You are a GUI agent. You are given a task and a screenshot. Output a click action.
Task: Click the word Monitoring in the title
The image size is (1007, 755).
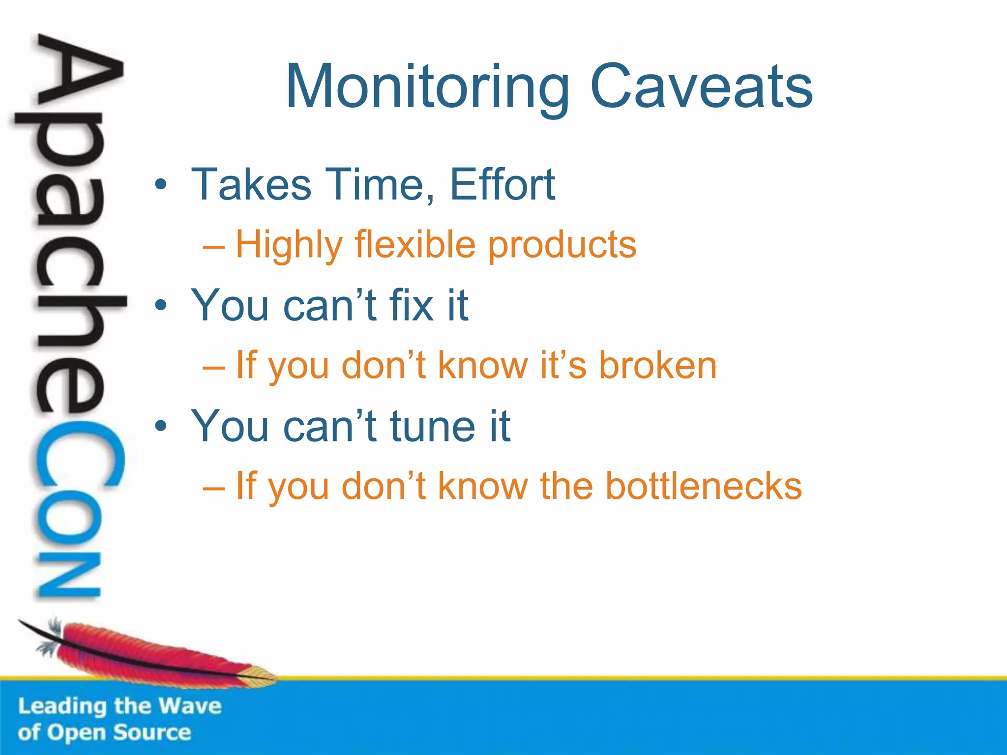[x=427, y=87]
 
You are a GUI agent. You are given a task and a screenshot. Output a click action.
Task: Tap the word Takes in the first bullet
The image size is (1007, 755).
[x=251, y=184]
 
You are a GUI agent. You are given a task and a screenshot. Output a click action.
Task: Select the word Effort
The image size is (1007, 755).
[x=502, y=184]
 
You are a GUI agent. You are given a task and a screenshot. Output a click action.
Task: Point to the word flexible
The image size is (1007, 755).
[x=415, y=244]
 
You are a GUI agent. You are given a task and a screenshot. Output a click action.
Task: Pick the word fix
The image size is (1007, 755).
[x=412, y=305]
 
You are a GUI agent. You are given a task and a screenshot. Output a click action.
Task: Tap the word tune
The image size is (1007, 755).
[x=433, y=426]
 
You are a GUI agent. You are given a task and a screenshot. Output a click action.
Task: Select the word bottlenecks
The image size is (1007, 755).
[x=703, y=486]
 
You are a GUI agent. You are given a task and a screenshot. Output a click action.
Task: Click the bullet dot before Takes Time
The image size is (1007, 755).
[x=161, y=185]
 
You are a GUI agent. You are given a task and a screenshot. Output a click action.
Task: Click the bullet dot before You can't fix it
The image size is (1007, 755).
[x=161, y=306]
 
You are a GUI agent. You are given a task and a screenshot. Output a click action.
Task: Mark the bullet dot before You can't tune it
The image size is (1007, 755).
[x=161, y=426]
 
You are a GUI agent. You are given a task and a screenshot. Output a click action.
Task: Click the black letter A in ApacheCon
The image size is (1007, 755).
[x=79, y=74]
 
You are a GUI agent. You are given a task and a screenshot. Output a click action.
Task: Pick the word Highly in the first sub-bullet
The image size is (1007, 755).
[x=289, y=245]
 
